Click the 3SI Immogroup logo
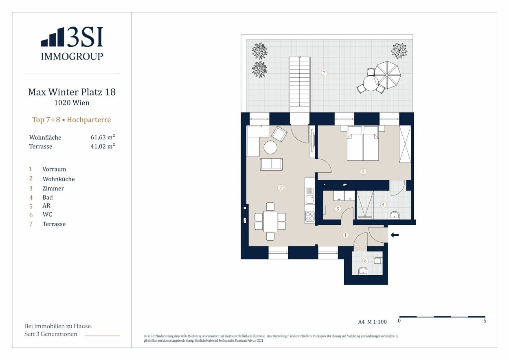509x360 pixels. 72,44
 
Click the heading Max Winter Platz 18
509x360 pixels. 72,92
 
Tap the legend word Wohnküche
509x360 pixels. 59,179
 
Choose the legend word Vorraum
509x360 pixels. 54,169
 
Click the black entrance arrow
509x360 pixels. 395,235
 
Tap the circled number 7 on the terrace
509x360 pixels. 324,73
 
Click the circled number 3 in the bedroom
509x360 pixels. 363,171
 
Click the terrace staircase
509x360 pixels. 299,81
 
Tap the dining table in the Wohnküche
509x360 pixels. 270,221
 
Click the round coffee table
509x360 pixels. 270,147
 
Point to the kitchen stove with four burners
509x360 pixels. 310,216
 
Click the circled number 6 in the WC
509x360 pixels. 365,261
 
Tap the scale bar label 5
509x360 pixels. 485,321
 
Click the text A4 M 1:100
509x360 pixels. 372,322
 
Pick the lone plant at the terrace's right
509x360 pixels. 399,51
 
